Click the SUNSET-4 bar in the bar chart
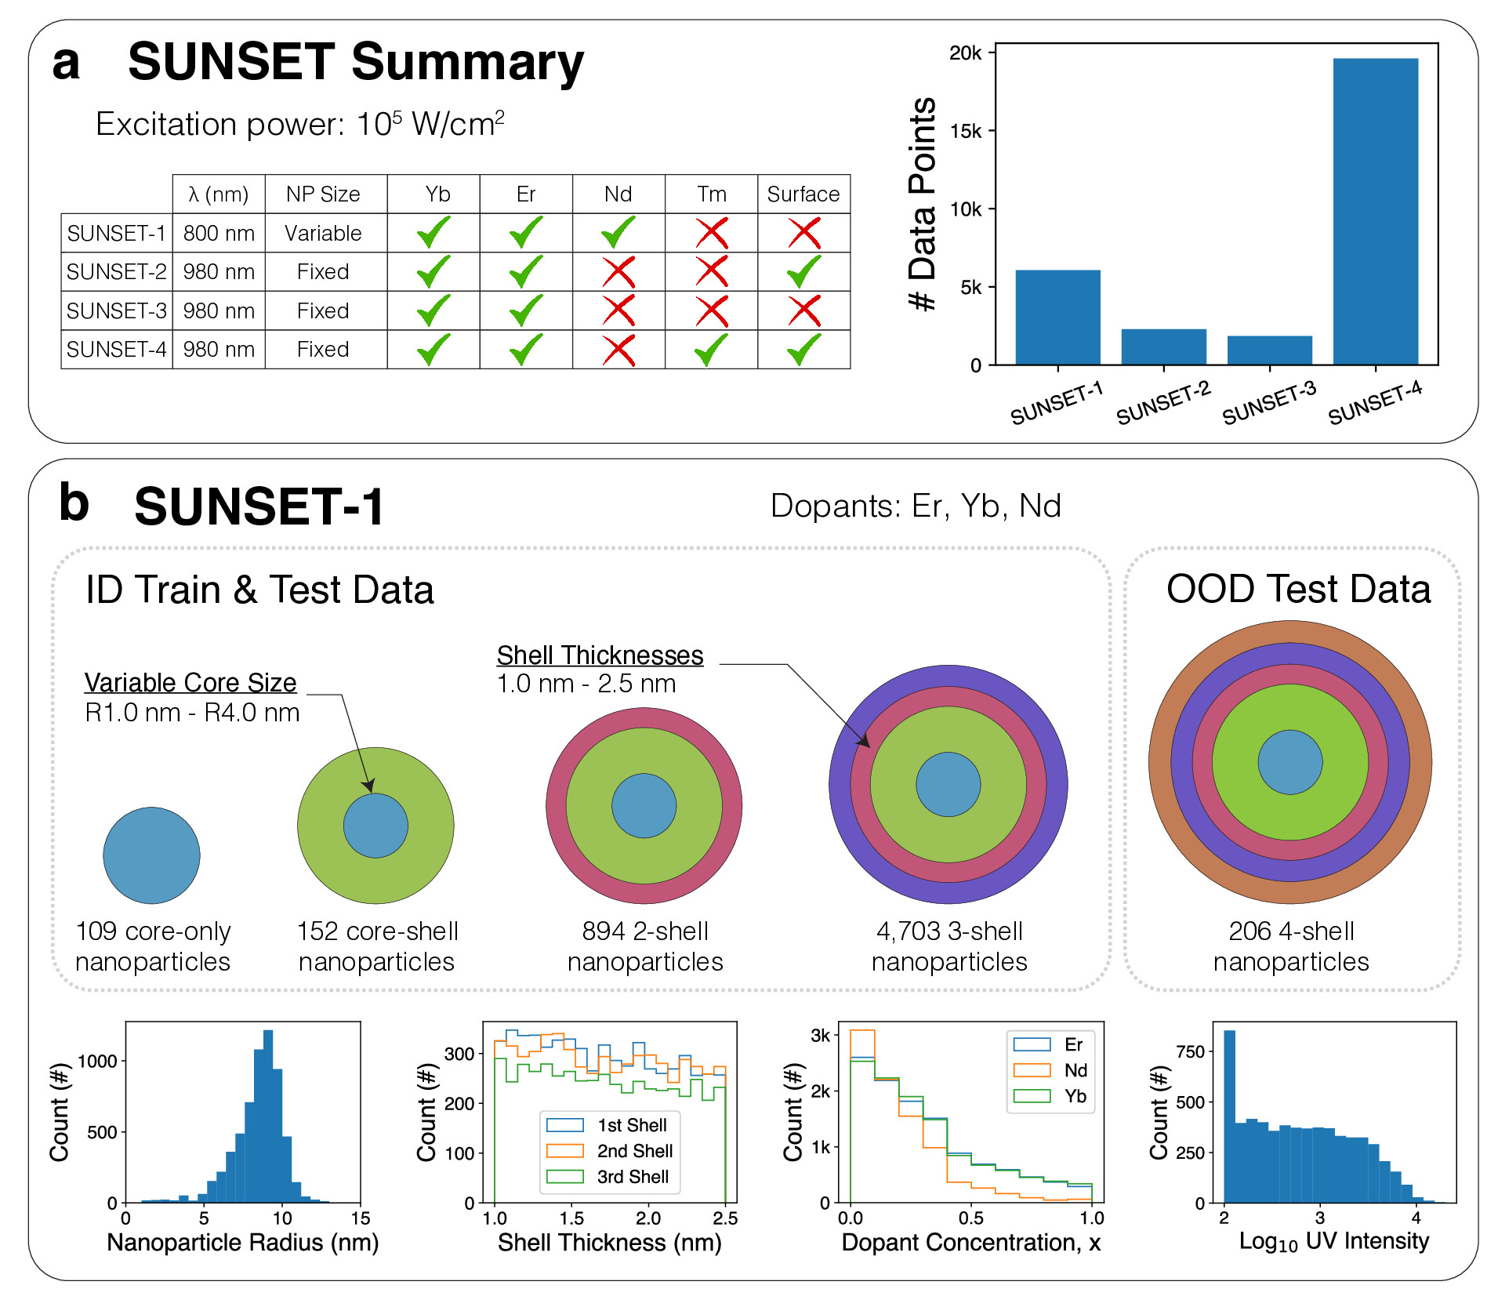1375,212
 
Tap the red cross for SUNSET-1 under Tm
712,233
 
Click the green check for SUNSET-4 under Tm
712,350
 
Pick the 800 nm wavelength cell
219,234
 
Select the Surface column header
803,194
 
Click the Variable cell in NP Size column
323,234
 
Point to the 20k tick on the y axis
966,53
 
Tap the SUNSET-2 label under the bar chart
1163,403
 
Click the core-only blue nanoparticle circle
151,855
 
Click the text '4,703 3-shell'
949,931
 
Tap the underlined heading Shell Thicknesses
600,655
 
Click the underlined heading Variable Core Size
190,683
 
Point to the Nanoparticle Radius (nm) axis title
242,1243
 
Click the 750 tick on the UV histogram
1190,1052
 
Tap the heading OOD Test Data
1298,590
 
